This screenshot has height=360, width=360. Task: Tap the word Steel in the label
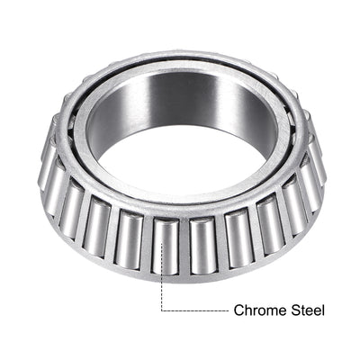pos(306,310)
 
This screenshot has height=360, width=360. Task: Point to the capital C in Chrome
pos(239,310)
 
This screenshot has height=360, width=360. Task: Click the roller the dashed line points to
pos(165,245)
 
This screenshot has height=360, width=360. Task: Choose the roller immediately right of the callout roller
pos(202,243)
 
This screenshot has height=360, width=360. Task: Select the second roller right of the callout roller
pos(237,235)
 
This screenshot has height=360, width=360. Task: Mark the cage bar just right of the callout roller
pos(184,245)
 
